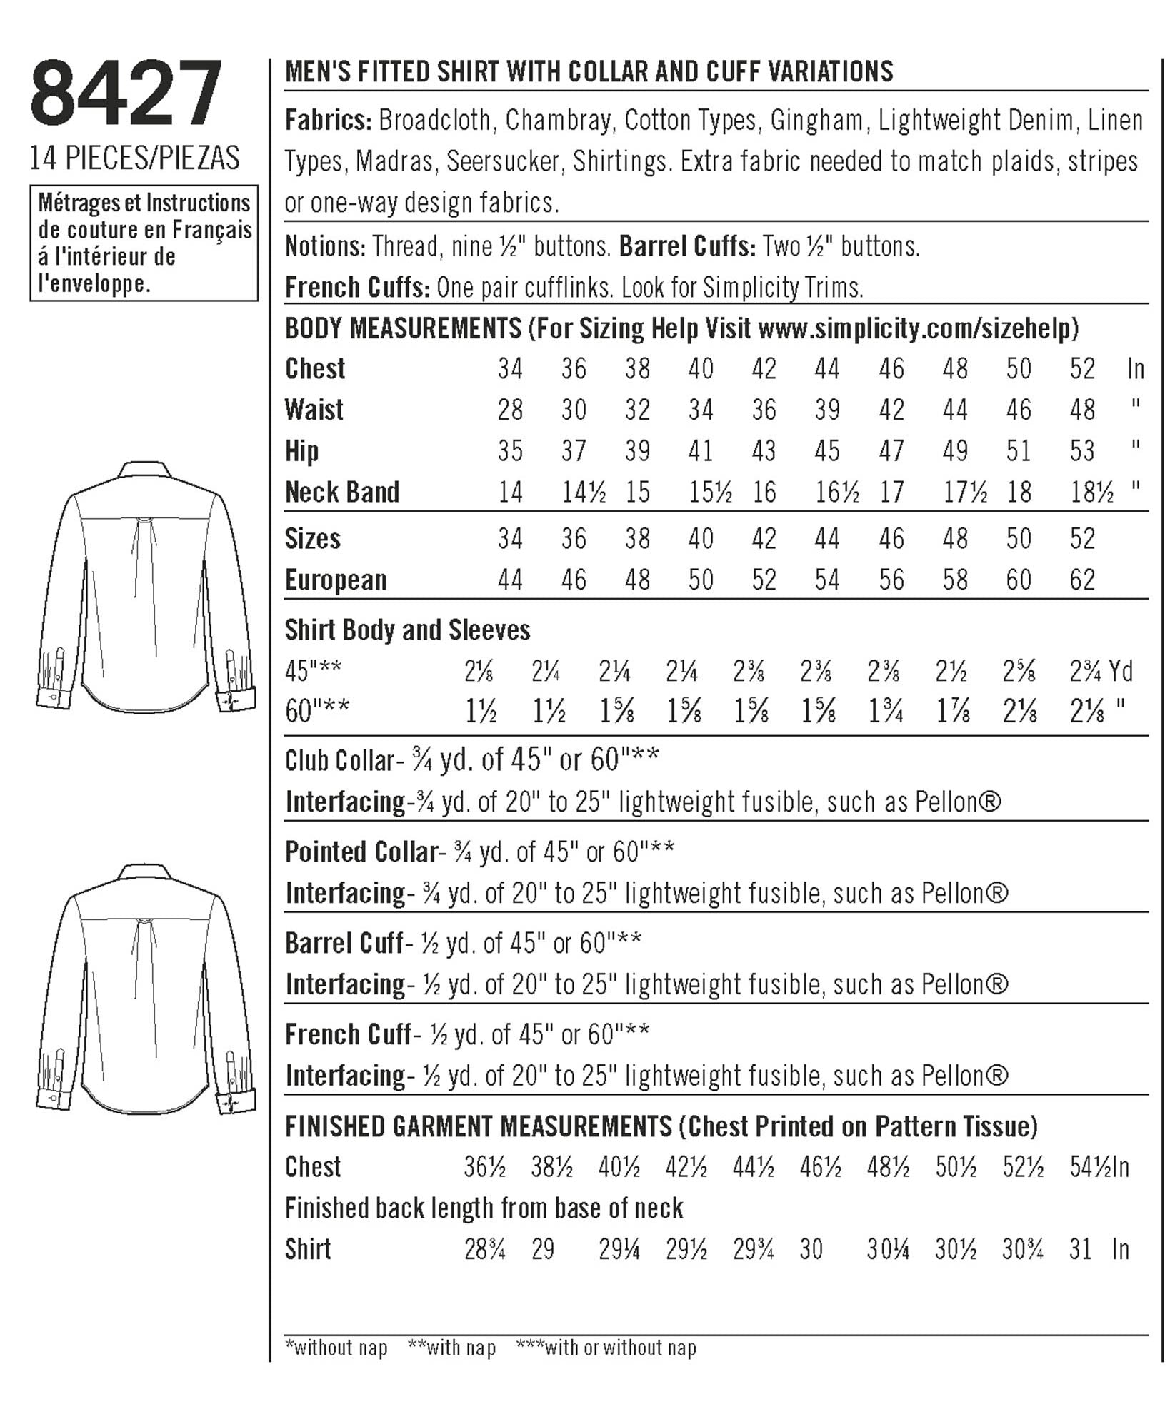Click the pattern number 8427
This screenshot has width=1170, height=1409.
pos(126,94)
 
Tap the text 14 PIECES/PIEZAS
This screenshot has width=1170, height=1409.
pos(134,158)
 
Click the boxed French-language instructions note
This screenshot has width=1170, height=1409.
pos(144,243)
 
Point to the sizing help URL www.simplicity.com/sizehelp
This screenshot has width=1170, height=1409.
pos(918,328)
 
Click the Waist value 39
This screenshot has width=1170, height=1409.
pos(827,410)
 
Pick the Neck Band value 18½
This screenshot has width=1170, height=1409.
pos(1091,493)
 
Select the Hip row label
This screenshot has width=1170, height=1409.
pos(301,452)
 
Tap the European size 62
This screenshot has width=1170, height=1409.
pos(1082,580)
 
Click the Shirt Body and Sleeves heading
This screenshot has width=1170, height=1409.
pos(407,630)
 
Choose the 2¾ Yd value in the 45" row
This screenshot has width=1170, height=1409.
pos(1101,672)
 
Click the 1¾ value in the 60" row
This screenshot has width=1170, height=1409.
pos(887,712)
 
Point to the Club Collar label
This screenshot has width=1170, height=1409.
pos(339,761)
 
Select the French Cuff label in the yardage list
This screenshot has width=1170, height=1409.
pos(348,1034)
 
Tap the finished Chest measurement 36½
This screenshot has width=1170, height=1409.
pos(484,1168)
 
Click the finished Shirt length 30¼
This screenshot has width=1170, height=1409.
pos(887,1250)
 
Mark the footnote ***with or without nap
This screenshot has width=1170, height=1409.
pos(606,1348)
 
